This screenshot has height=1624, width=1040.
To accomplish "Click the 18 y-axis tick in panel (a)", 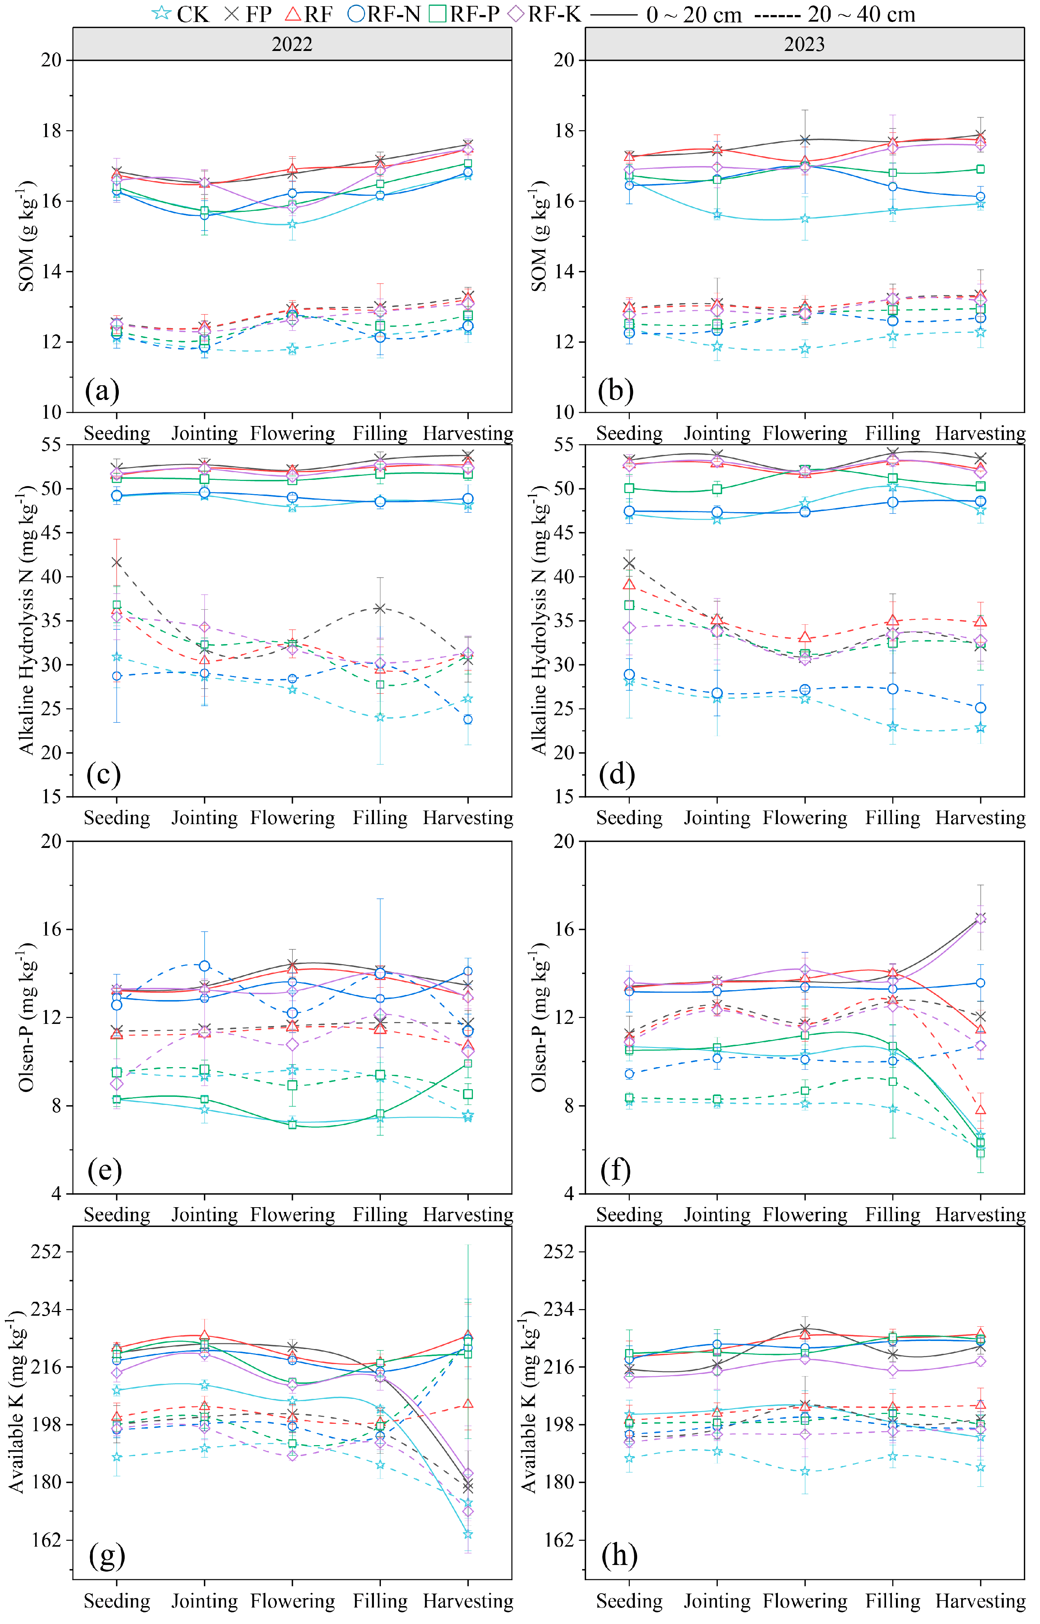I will pos(51,131).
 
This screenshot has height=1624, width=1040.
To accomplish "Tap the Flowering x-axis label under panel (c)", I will pos(293,818).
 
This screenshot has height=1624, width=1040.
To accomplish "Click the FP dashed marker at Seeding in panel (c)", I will pos(117,562).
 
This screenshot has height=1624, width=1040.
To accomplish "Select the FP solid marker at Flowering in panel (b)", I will pos(805,140).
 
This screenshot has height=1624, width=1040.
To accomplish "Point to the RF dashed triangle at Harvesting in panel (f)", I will pos(981,1109).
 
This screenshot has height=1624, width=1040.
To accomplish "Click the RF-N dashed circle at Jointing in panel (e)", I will pos(205,966).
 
